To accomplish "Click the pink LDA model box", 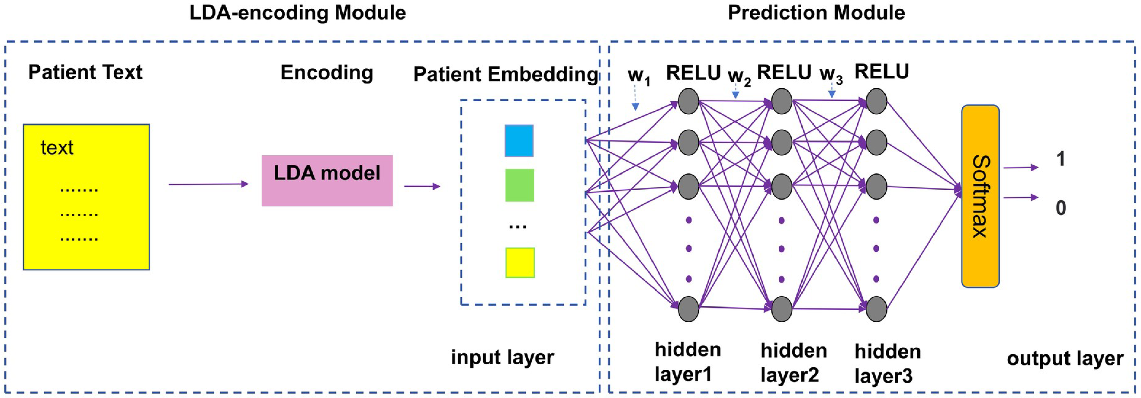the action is tap(327, 180).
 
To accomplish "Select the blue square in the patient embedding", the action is tap(519, 141).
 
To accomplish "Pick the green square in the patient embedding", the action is tap(520, 185).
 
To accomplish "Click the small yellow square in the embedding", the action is tap(520, 262).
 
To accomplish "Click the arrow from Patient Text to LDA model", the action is tap(209, 184).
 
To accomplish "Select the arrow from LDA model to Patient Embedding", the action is tap(422, 186).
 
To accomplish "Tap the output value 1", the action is tap(1061, 159).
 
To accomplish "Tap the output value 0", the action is tap(1061, 207).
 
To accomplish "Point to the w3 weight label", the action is tap(831, 74).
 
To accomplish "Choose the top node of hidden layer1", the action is tap(688, 101).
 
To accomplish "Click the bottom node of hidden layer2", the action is tap(781, 309).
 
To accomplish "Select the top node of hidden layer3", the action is tap(876, 101).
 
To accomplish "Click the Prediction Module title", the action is tap(816, 12).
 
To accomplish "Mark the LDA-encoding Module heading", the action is tap(298, 12).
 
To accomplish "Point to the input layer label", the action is tap(502, 357).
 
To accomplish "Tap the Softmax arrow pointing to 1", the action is tap(1021, 168).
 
